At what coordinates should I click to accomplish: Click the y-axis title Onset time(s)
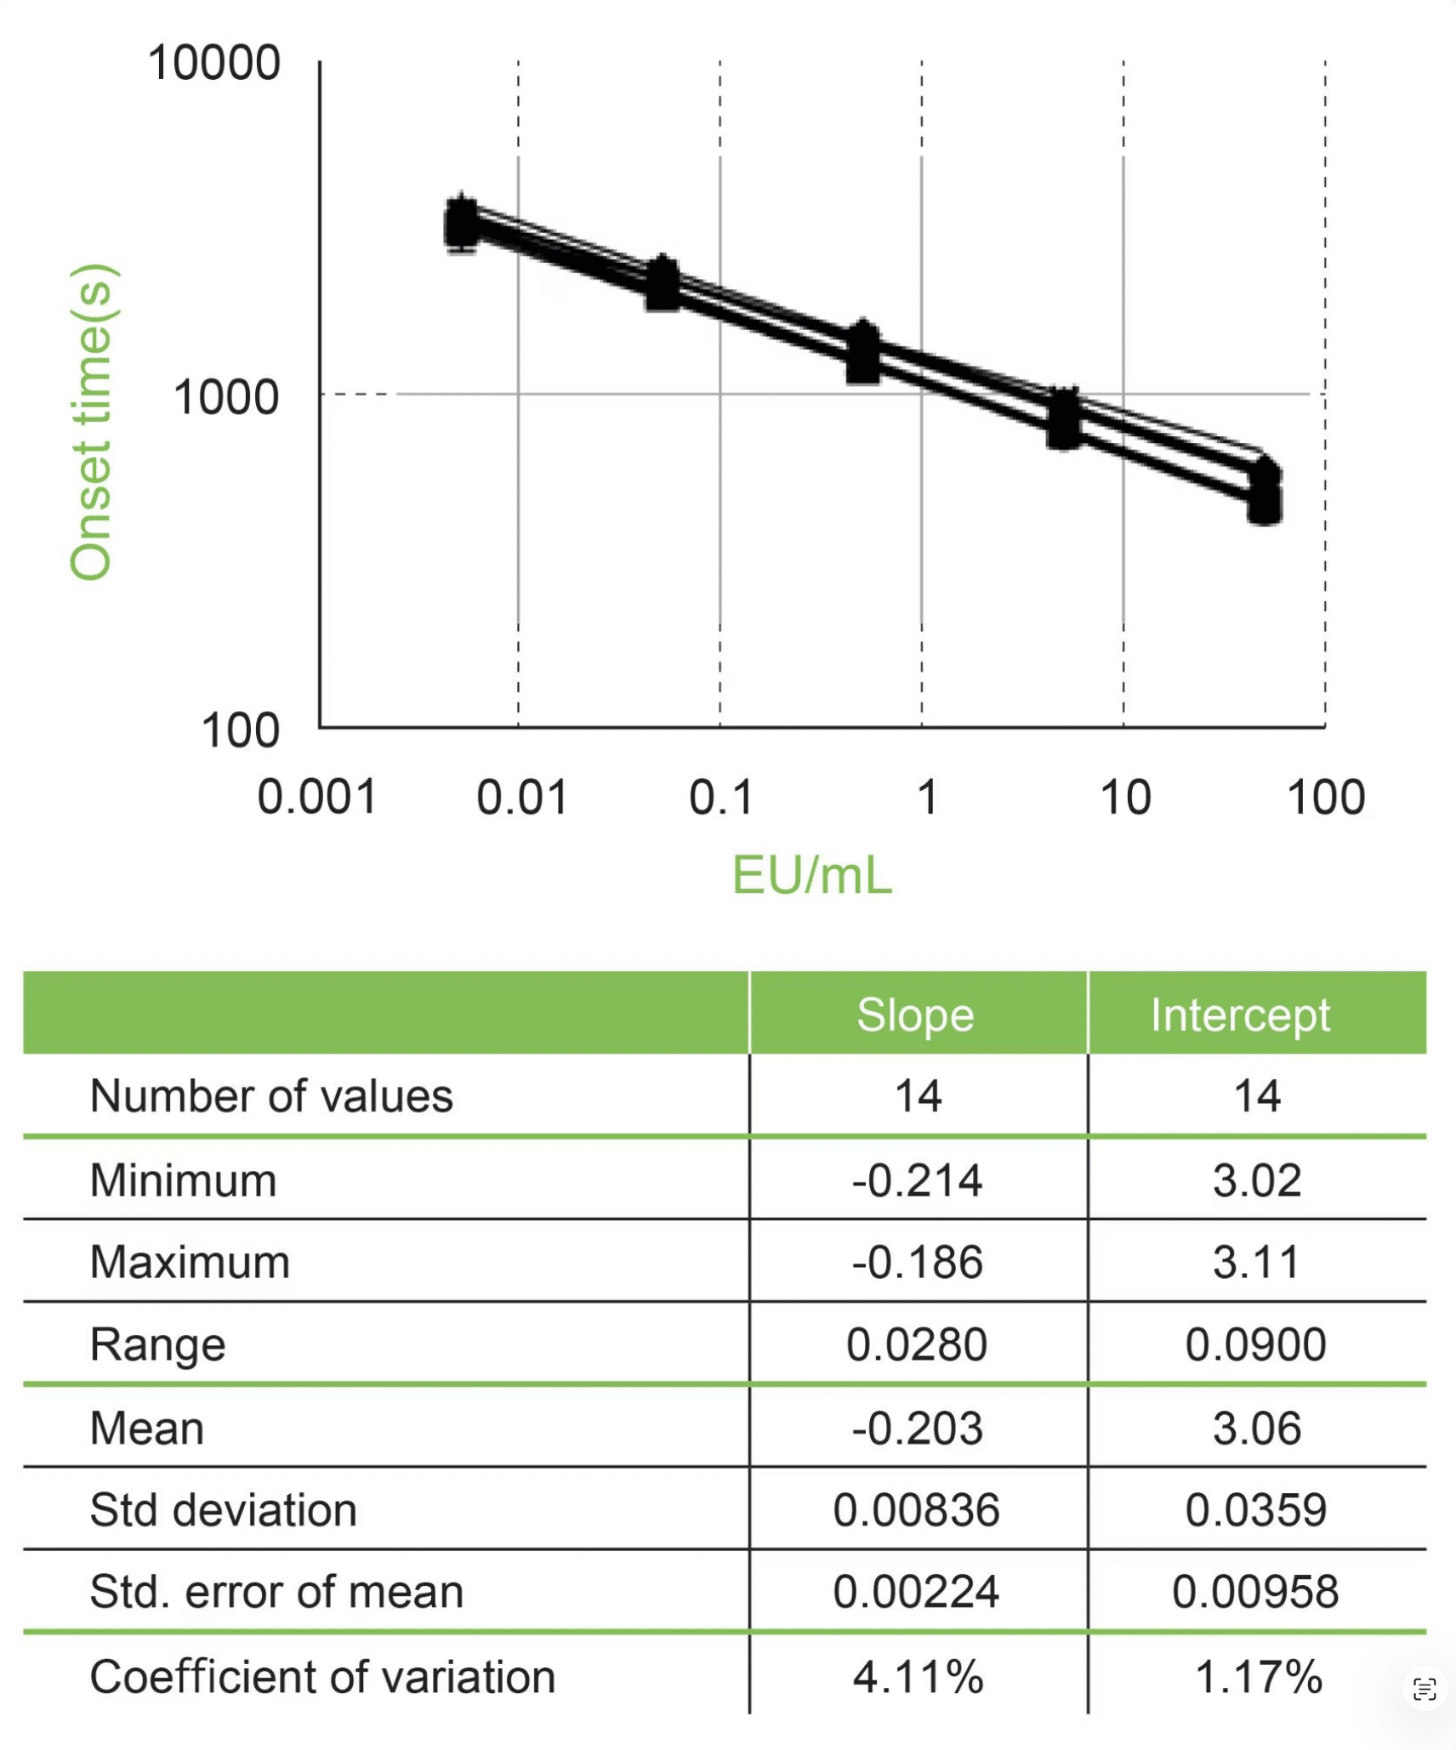tap(92, 423)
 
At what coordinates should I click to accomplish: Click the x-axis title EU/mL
tap(812, 875)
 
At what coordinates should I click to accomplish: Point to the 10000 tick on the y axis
tap(214, 63)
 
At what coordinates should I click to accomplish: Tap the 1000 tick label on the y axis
tap(226, 397)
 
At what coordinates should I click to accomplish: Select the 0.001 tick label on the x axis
tap(317, 798)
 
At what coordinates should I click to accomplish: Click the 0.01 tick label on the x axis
tap(521, 798)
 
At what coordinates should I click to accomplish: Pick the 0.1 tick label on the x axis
tap(721, 798)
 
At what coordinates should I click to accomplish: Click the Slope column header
tap(915, 1014)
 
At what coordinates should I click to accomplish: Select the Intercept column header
tap(1240, 1014)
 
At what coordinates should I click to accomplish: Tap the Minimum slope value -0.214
tap(917, 1180)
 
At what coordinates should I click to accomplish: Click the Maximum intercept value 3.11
tap(1256, 1262)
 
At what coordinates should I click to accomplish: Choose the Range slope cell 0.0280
tap(917, 1344)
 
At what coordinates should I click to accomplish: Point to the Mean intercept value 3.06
tap(1256, 1428)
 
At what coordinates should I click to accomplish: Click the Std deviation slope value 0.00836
tap(917, 1510)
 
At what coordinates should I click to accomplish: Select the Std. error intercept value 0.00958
tap(1255, 1592)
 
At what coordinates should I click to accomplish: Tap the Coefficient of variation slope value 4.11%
tap(918, 1677)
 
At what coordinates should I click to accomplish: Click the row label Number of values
tap(271, 1096)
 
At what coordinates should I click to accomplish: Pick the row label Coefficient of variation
tap(322, 1677)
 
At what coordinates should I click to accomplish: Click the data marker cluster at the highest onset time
tap(462, 223)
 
